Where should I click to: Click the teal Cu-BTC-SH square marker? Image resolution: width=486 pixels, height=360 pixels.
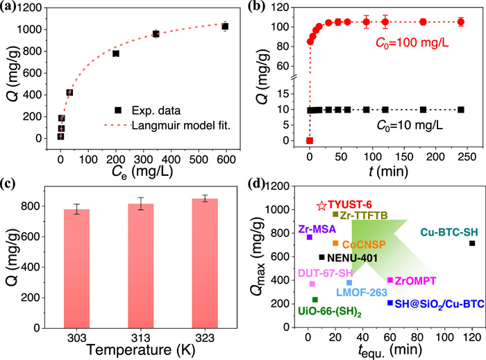[472, 243]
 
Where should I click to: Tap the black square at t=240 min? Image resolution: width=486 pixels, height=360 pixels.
[461, 109]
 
